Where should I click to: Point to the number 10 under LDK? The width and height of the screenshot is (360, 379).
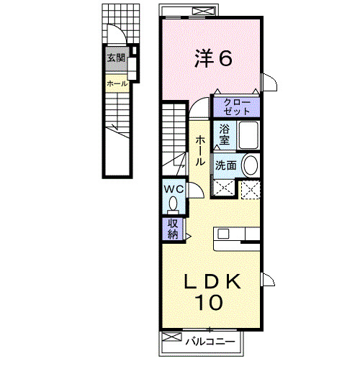point(207,303)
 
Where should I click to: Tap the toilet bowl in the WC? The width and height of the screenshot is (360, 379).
point(174,204)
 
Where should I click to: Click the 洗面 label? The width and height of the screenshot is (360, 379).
point(225,165)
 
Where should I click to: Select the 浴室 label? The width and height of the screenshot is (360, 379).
point(225,133)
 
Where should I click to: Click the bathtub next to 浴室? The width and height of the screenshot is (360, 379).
point(248,134)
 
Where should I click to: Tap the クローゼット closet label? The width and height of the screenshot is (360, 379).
point(236,106)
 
